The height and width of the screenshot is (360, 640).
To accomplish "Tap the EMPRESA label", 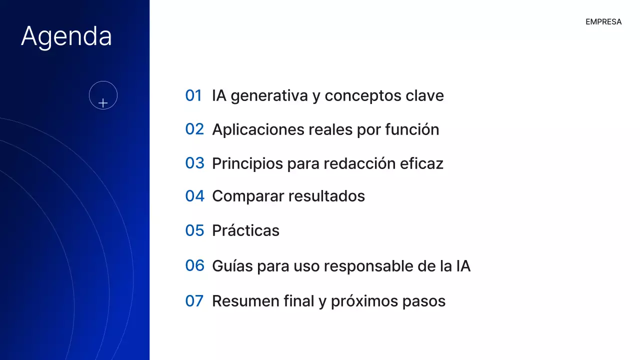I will pyautogui.click(x=603, y=22).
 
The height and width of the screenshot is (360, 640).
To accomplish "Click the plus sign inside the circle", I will pyautogui.click(x=103, y=103).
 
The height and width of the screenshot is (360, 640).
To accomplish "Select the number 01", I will pyautogui.click(x=193, y=95).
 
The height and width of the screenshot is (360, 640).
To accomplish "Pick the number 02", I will pyautogui.click(x=194, y=129).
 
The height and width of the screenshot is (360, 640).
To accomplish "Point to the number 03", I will pyautogui.click(x=194, y=163).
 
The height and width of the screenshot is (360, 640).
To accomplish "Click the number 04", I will pyautogui.click(x=194, y=196).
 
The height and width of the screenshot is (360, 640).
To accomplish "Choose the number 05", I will pyautogui.click(x=194, y=230).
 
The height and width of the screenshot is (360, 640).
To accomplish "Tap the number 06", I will pyautogui.click(x=194, y=265).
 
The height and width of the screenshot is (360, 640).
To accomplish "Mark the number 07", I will pyautogui.click(x=194, y=301).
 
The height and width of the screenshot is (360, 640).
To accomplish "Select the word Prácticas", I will pyautogui.click(x=245, y=230).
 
